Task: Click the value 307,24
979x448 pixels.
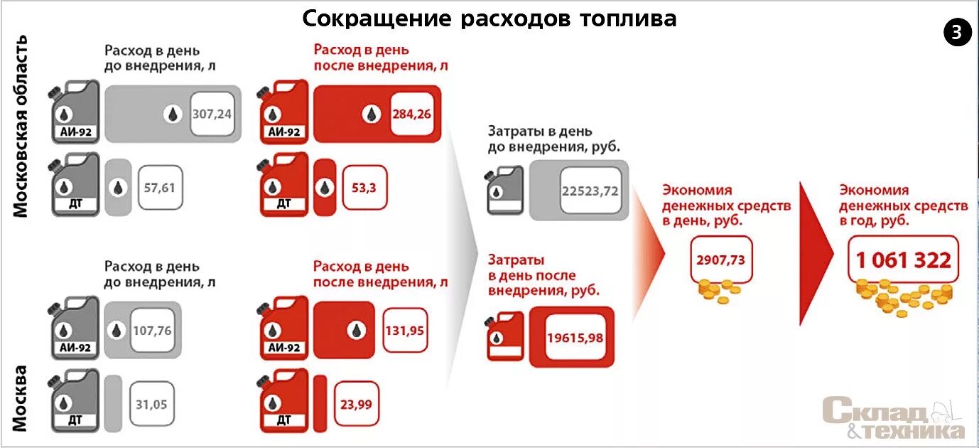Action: coord(212,113)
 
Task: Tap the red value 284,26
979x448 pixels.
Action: coord(411,113)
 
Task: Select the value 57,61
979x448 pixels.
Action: coord(159,188)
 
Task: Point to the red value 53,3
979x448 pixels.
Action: coord(364,188)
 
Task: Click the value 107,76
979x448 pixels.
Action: coord(152,331)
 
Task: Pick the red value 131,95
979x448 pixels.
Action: coord(405,330)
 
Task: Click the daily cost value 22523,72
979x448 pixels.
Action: coord(590,191)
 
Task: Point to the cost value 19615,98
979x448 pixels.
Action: coord(575,337)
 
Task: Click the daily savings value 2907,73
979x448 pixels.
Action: coord(720,260)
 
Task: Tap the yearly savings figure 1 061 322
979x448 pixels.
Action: coord(903,260)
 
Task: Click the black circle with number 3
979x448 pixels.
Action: coord(956,33)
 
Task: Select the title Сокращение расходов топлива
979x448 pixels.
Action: coord(489,18)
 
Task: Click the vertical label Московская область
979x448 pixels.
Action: coord(21,126)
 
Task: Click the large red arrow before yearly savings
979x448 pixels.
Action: coord(816,253)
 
